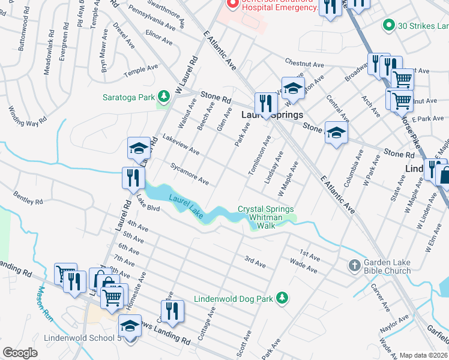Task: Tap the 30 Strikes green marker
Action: pyautogui.click(x=388, y=25)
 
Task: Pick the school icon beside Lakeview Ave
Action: pyautogui.click(x=139, y=148)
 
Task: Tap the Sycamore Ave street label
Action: pyautogui.click(x=189, y=173)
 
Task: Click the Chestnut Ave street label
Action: pyautogui.click(x=304, y=64)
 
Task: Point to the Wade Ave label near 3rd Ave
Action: pyautogui.click(x=303, y=265)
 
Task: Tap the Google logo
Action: pyautogui.click(x=20, y=353)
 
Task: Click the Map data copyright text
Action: pyautogui.click(x=424, y=355)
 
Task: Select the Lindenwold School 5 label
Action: pyautogui.click(x=82, y=338)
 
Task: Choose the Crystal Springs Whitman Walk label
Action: pyautogui.click(x=266, y=217)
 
